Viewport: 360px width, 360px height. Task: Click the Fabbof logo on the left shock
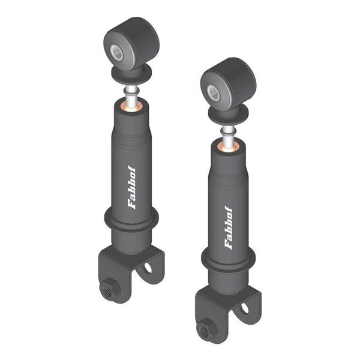click(131, 187)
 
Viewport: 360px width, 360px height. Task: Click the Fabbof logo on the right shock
click(229, 227)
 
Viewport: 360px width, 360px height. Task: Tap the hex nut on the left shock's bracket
click(109, 288)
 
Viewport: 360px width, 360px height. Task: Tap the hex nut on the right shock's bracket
click(205, 329)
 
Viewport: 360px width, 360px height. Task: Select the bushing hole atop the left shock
click(116, 53)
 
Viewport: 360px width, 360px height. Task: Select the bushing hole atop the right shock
click(214, 93)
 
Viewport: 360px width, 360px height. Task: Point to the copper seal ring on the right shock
click(229, 148)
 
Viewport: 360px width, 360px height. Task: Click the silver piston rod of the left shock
click(131, 97)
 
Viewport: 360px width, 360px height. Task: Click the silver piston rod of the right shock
click(228, 137)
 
